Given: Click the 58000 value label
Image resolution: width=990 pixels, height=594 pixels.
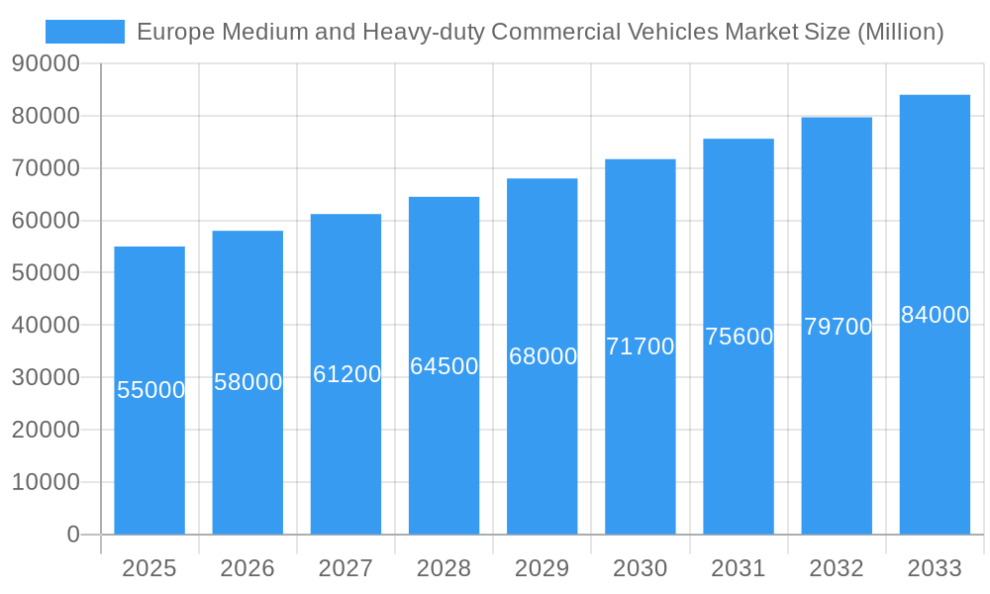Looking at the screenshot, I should [x=248, y=382].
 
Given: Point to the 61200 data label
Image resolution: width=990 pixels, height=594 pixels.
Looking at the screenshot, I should [x=346, y=374].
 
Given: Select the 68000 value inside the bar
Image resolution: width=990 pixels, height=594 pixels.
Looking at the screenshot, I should [x=543, y=356].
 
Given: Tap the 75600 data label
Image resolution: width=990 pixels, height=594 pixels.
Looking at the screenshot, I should [x=739, y=337].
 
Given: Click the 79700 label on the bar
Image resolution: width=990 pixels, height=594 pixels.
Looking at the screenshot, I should [x=838, y=327].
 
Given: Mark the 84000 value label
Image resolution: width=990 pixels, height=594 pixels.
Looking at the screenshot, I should [x=935, y=315].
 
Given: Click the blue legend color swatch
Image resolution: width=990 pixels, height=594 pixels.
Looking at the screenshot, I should [x=85, y=32].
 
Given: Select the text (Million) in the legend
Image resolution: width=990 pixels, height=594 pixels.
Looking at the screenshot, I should [x=900, y=32].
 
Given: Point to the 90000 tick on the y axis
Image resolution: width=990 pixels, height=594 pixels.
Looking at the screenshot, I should [x=46, y=64].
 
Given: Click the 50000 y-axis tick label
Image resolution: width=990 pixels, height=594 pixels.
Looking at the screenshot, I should [x=46, y=273].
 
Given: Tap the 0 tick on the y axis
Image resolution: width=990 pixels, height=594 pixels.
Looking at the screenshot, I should [x=73, y=535].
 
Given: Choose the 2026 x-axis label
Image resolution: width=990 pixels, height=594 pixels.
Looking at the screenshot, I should [x=247, y=568].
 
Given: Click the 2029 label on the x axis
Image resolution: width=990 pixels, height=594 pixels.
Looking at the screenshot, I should [x=543, y=568].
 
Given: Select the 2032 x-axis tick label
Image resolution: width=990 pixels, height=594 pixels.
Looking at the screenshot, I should [x=837, y=568].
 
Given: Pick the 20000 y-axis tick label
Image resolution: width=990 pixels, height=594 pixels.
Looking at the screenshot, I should [x=46, y=431].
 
